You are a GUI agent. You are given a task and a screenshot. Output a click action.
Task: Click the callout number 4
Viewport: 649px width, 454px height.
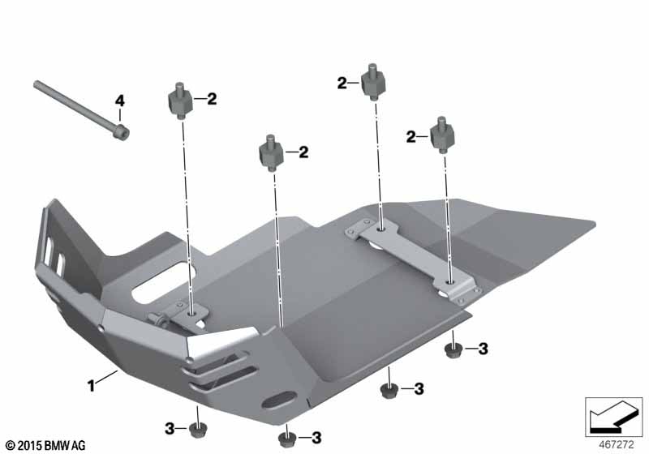119,101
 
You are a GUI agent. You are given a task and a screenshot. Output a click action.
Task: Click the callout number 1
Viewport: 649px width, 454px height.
91,386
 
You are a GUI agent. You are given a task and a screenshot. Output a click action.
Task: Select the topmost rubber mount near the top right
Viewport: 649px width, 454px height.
374,82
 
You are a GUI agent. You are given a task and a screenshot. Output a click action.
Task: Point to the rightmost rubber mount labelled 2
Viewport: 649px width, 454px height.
443,135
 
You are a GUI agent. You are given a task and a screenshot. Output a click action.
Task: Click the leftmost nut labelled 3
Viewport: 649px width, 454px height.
197,430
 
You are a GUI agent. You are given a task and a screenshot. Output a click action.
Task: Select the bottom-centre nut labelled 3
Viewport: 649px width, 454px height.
286,439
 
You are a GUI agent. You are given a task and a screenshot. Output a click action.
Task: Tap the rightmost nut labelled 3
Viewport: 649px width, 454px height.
453,349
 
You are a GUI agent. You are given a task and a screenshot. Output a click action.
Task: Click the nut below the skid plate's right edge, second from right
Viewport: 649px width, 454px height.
389,390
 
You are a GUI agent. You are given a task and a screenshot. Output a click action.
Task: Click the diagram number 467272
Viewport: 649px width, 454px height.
617,445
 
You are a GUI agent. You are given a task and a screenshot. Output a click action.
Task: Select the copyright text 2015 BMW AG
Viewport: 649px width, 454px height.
45,445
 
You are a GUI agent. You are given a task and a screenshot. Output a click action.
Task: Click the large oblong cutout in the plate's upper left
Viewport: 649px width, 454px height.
164,282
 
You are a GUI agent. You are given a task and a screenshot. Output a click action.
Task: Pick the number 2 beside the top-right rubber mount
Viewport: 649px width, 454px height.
342,84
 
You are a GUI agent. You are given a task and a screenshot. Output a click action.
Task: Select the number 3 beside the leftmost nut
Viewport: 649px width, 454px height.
170,429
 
